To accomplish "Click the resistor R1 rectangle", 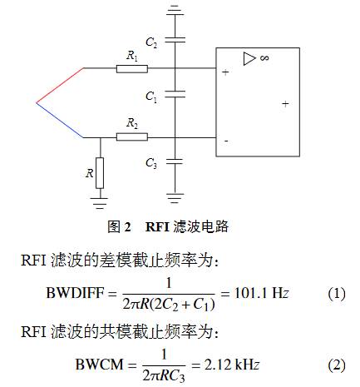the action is tap(132, 69).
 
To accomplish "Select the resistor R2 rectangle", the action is tap(132, 136).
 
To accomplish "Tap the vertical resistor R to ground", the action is tap(100, 173).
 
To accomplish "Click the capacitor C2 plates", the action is tap(175, 40).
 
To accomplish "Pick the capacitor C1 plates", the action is tap(175, 94).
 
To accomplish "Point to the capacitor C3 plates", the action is tap(175, 161).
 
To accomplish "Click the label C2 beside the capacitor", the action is tap(151, 43).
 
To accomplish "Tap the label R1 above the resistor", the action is tap(132, 56).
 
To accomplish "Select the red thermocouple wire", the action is tap(60, 85).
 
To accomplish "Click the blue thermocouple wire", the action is tap(60, 120).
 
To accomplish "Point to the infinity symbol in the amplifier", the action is tap(264, 57).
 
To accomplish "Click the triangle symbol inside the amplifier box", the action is tap(249, 59).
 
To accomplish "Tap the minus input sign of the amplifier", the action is tap(226, 141).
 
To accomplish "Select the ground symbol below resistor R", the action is tap(100, 203).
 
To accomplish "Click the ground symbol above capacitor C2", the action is tap(175, 10).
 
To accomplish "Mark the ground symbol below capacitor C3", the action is tap(175, 198).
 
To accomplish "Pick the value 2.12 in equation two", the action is tap(218, 365).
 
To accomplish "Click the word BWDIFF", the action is tap(75, 293).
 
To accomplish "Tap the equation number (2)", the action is tap(337, 365).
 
